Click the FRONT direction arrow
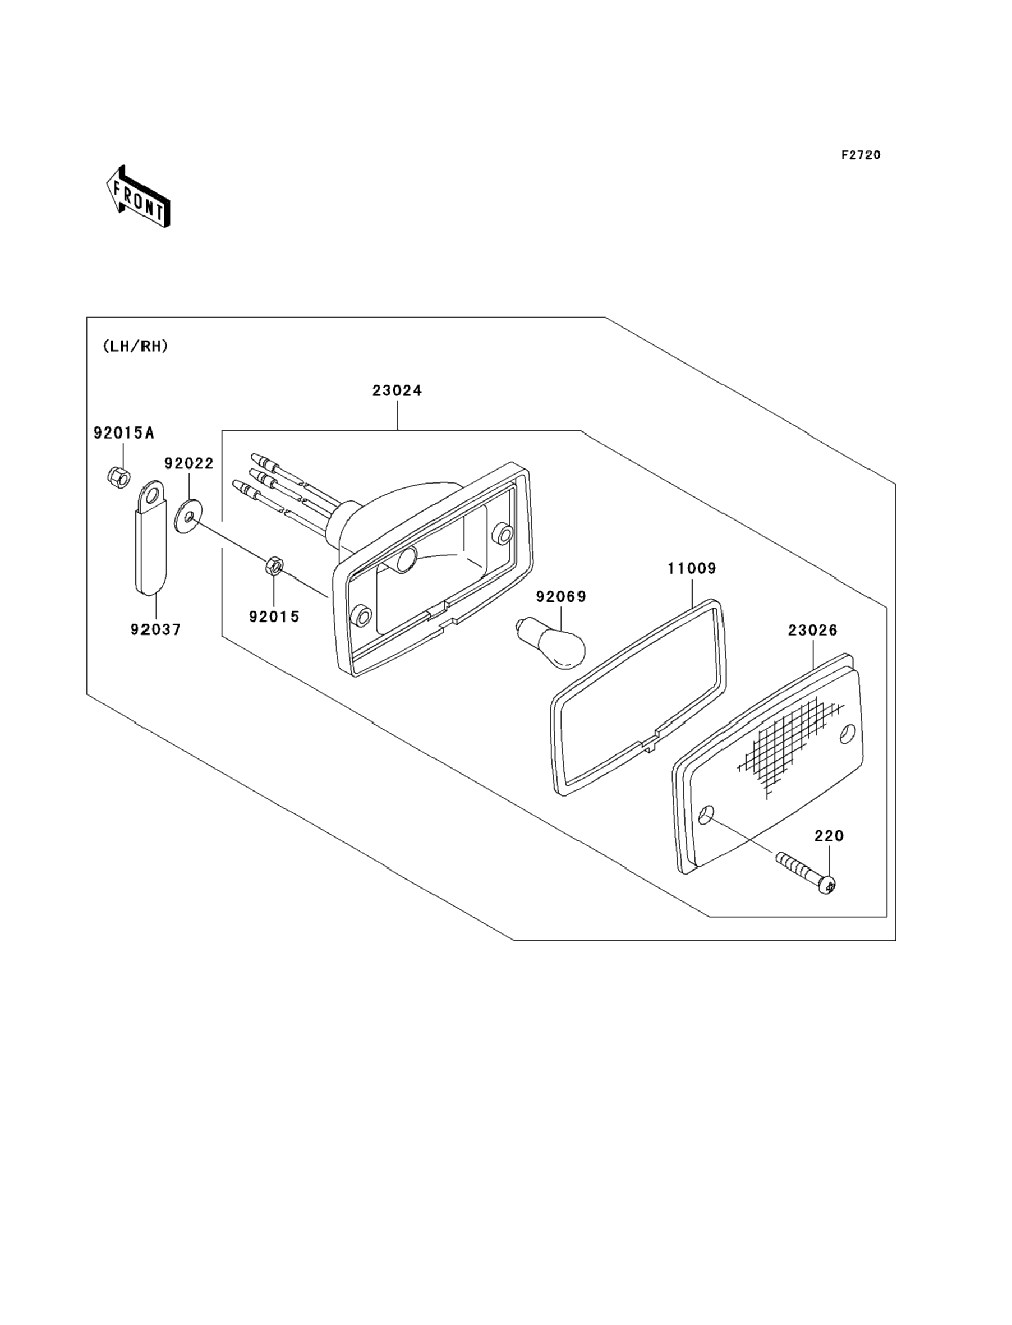point(138,196)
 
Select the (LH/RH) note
point(136,346)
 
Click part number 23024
point(397,391)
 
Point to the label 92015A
point(123,433)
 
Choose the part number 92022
point(189,463)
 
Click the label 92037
point(155,629)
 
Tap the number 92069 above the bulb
point(561,596)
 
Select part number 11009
point(692,569)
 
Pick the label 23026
point(813,631)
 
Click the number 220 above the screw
point(829,836)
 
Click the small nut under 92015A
point(120,477)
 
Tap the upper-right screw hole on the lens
point(848,734)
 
